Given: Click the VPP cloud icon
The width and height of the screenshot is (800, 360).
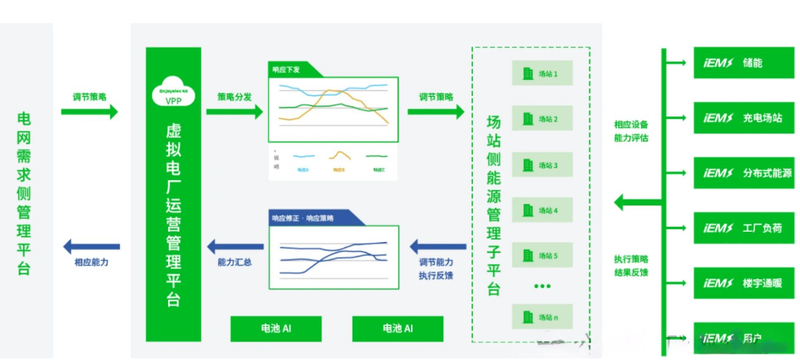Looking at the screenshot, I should point(172,93).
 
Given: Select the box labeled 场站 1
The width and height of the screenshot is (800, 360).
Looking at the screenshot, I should point(541,74).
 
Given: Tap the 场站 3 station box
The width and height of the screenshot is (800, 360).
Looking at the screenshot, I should point(541,165).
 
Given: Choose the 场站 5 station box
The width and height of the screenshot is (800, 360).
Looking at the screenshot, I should point(541,256).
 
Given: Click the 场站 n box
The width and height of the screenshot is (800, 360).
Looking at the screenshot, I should point(541,318).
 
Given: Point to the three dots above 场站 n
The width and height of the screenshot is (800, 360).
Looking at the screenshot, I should point(542,287).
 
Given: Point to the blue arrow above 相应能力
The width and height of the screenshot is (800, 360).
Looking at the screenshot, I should point(91,247).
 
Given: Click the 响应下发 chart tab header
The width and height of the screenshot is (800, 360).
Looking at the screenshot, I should point(289,69).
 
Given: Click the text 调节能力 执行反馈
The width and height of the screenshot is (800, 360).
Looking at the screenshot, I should point(436,268).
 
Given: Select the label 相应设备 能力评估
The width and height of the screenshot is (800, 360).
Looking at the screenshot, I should point(631,131).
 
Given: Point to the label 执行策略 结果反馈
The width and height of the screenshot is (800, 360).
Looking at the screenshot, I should point(631,265).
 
